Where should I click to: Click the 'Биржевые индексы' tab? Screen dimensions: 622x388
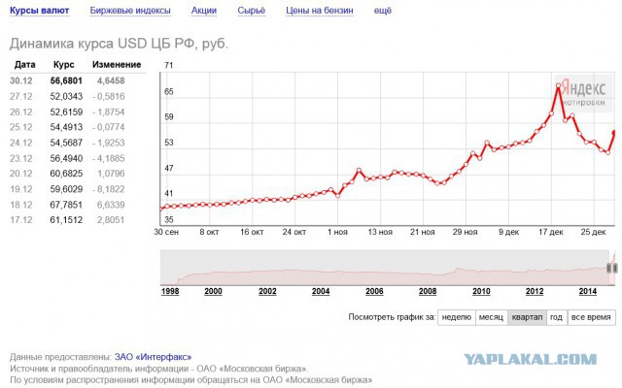[x=130, y=11]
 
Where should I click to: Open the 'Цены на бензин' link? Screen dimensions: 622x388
[x=320, y=11]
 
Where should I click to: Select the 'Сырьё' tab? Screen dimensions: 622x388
[x=251, y=11]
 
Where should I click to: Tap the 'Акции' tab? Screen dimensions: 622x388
[x=204, y=11]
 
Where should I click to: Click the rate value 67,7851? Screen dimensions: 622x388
[x=66, y=205]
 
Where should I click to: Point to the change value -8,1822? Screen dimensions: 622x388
[x=108, y=189]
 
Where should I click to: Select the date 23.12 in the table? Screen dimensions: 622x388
[x=21, y=158]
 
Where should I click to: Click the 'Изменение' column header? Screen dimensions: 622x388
[x=117, y=65]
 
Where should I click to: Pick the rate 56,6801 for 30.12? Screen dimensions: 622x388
[x=66, y=81]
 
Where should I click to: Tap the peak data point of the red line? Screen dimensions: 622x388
[x=559, y=85]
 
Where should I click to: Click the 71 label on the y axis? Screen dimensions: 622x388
[x=169, y=65]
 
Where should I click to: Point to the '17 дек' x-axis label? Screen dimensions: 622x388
[x=551, y=232]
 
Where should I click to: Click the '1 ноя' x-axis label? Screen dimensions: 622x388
[x=337, y=232]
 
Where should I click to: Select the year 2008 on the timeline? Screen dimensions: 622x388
[x=428, y=291]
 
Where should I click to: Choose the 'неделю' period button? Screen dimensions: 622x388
[x=457, y=317]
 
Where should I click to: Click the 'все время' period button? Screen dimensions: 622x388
[x=591, y=317]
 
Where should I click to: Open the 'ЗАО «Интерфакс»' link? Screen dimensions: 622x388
[x=154, y=357]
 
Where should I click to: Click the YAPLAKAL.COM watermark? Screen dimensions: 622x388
[x=531, y=360]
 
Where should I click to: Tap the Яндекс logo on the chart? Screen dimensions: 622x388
[x=583, y=88]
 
